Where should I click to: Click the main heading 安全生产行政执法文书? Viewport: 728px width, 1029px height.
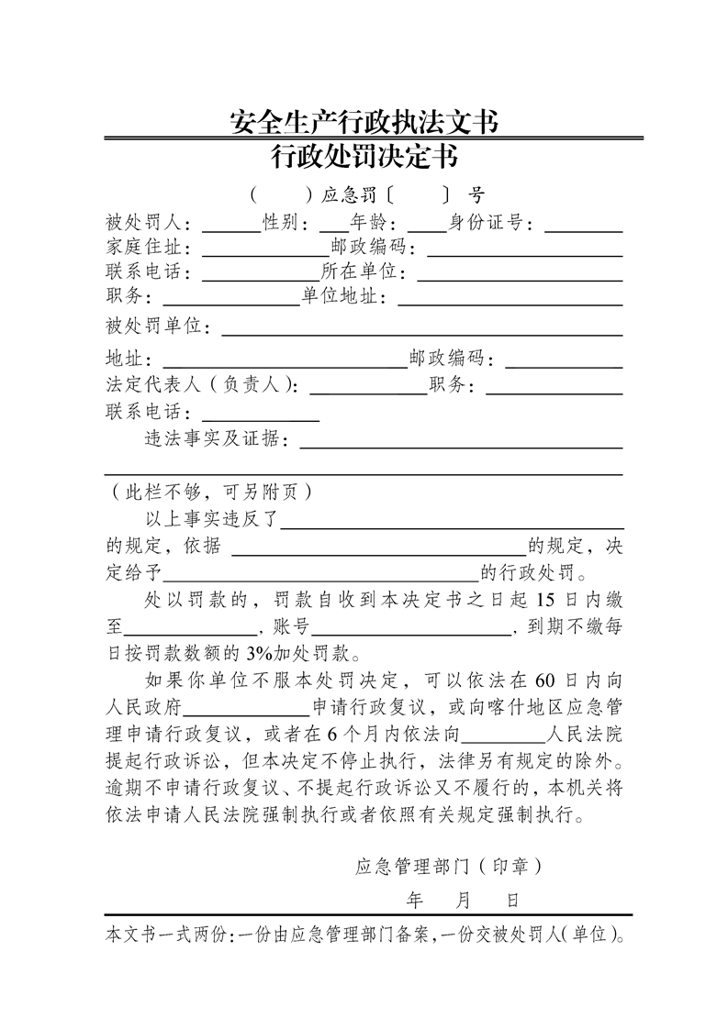(364, 122)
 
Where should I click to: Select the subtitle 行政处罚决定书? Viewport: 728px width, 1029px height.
(364, 158)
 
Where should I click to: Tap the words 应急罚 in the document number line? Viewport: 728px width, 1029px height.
(349, 195)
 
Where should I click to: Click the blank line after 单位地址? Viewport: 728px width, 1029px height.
(510, 303)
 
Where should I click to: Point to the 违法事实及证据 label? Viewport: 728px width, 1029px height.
(215, 439)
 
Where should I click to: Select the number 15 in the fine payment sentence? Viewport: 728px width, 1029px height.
(544, 601)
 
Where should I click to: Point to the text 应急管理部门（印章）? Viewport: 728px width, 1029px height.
(448, 866)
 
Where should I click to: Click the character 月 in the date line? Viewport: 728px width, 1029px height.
(464, 900)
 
